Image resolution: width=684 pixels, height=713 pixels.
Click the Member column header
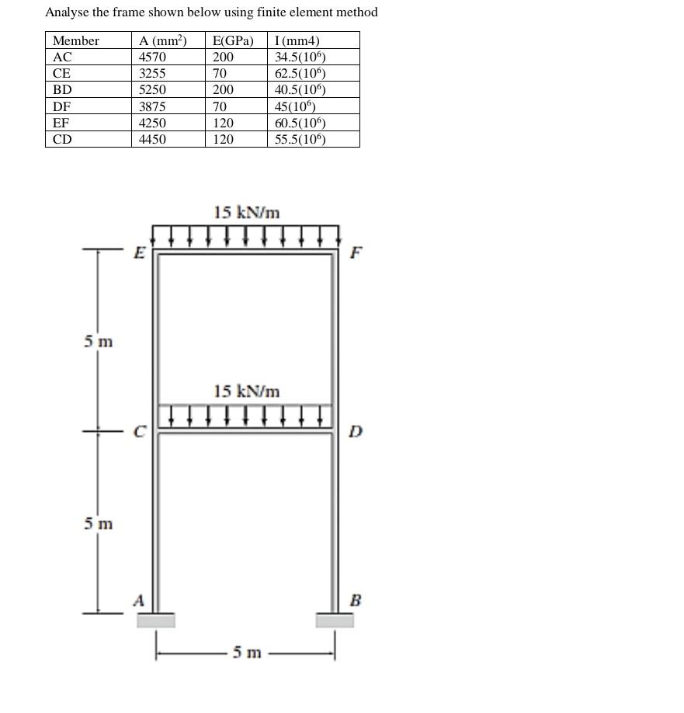tap(76, 41)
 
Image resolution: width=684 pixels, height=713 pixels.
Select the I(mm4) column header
tap(297, 41)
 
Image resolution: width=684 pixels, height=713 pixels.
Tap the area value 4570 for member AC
tap(152, 57)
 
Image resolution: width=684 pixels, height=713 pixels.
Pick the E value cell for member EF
tap(223, 123)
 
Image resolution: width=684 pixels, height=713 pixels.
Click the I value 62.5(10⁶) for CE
tap(300, 74)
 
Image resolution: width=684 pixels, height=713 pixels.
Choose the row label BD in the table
tap(62, 90)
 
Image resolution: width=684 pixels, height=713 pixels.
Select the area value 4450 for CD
tap(152, 140)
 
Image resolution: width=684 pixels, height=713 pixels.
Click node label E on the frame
tap(140, 252)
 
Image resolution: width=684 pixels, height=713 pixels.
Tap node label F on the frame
tap(356, 252)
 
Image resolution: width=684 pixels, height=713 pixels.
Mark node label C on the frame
tap(140, 432)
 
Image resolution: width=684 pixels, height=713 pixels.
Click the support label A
tap(139, 600)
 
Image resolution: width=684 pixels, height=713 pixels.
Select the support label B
tap(356, 600)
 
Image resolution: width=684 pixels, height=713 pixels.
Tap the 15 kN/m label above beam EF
tap(247, 212)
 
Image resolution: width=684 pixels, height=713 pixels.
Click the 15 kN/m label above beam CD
tap(247, 391)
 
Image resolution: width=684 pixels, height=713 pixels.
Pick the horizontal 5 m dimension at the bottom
tap(248, 652)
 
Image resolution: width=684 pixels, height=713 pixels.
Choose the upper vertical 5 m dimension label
tap(99, 341)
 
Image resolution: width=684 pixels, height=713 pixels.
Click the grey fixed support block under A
tap(156, 620)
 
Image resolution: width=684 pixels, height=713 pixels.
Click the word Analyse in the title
tap(68, 12)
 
